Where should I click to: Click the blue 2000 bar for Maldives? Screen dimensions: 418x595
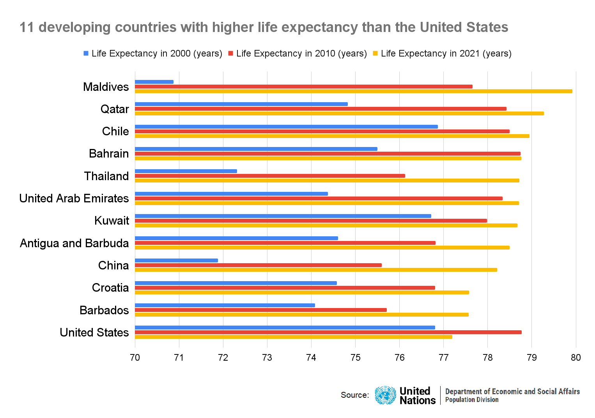(154, 82)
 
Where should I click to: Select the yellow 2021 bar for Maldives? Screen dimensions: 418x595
(353, 91)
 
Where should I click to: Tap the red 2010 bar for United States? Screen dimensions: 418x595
(328, 332)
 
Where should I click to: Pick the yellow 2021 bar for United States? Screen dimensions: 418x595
(293, 337)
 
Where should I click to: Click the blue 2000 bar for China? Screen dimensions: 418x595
(176, 260)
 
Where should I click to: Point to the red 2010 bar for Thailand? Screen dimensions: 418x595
(270, 176)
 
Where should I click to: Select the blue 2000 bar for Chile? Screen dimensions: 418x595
(286, 127)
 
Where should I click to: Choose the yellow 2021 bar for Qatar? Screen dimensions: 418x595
(339, 113)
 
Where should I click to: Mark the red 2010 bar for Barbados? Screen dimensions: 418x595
(260, 310)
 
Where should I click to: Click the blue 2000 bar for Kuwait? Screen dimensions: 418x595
(283, 216)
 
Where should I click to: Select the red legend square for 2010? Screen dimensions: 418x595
(231, 53)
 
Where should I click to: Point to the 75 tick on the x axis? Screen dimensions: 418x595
(355, 358)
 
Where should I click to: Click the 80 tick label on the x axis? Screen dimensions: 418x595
(576, 358)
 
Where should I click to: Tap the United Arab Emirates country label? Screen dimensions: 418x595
(74, 198)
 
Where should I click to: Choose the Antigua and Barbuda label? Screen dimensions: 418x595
(74, 243)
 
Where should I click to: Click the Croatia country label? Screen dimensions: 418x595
(110, 288)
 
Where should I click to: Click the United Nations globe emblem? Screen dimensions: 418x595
(385, 395)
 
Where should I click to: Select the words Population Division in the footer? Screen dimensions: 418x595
(472, 400)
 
